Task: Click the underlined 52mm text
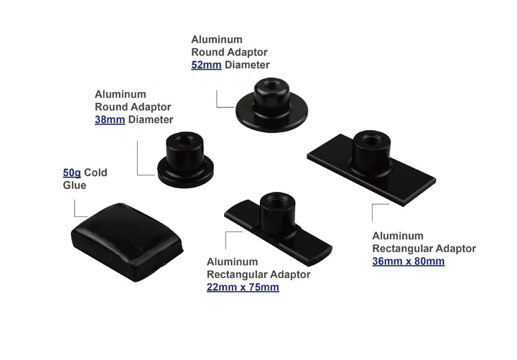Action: point(206,65)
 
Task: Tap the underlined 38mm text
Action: point(110,120)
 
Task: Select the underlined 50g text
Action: point(72,173)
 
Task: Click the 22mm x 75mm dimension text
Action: point(243,287)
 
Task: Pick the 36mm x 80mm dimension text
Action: point(408,262)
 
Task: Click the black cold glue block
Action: point(127,242)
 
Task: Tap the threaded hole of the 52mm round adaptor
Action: point(271,86)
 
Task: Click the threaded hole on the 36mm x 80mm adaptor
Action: point(372,139)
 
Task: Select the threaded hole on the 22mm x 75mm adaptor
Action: point(278,200)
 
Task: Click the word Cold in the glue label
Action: point(96,172)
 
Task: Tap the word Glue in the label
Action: point(75,185)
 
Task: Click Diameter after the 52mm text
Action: point(247,65)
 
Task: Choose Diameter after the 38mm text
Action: point(151,120)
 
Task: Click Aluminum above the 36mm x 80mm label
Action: point(398,236)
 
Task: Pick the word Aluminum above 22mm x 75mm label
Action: point(232,262)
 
